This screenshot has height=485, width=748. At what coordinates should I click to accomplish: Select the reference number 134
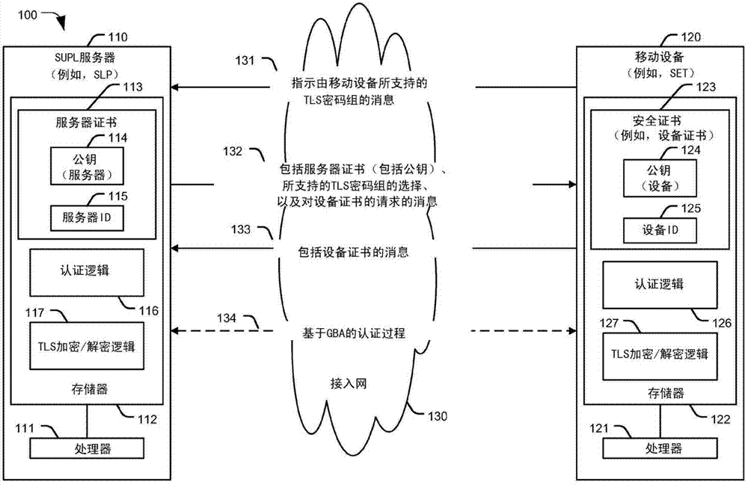click(x=226, y=318)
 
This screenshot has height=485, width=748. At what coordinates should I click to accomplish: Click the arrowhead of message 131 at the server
click(x=177, y=87)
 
